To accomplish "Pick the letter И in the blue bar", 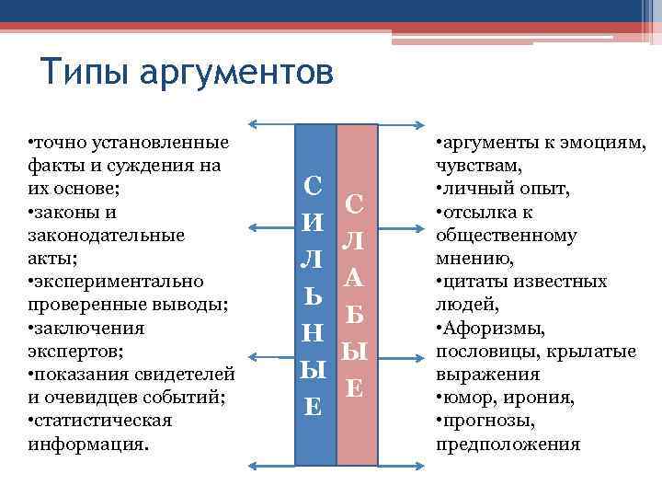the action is click(313, 222).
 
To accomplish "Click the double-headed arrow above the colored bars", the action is click(335, 123).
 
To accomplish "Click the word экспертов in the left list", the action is click(69, 352).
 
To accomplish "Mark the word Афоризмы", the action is click(496, 329).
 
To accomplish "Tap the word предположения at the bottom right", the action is click(508, 445).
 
